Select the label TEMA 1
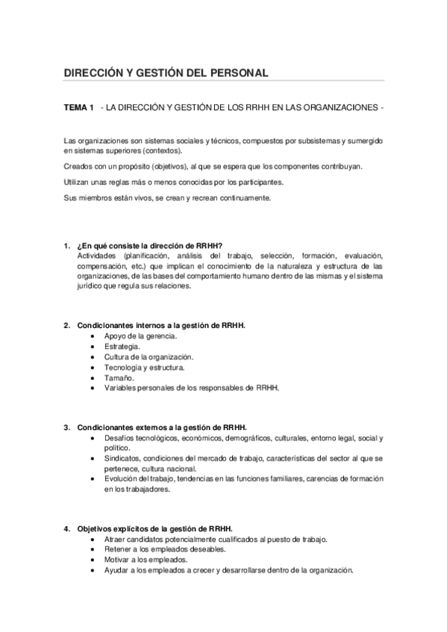pos(79,108)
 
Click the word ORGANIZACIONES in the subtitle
pos(340,108)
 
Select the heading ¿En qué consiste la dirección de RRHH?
pos(149,247)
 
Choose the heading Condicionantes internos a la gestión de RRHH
pos(161,326)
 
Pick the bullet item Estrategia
pos(122,347)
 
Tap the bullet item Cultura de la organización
pos(149,357)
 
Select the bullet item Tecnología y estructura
pos(145,367)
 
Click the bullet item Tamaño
pos(119,378)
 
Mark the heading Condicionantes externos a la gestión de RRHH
pos(162,428)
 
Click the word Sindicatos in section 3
pos(122,458)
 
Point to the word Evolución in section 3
pos(122,478)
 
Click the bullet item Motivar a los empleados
pos(146,560)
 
